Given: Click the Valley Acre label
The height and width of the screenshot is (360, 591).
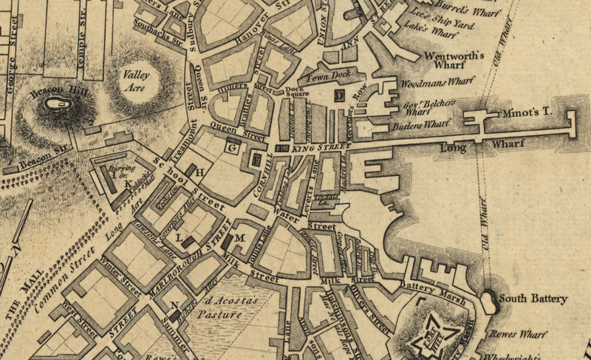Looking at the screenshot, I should tap(137, 81).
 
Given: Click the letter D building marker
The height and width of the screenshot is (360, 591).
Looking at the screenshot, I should tap(340, 95).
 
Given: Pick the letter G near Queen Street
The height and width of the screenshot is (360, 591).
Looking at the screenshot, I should tap(232, 148).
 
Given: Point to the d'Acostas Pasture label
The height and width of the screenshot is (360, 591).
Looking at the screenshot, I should tap(223, 308).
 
